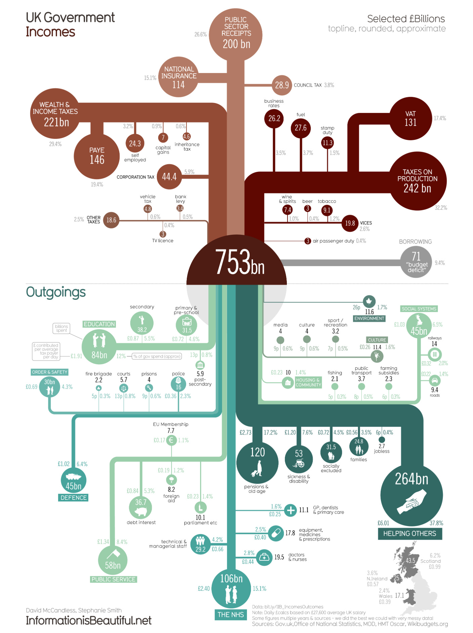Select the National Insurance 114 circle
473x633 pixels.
pos(178,77)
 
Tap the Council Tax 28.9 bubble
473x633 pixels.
pos(282,85)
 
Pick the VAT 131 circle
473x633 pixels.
pos(411,118)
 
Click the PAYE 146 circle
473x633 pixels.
pos(97,156)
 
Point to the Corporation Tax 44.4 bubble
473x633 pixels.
pos(169,177)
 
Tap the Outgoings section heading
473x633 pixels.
pos(56,292)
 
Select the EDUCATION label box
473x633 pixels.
pos(99,324)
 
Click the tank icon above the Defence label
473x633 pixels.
pos(73,476)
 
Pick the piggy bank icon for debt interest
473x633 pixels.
pos(140,512)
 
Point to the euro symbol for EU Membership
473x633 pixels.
pos(171,440)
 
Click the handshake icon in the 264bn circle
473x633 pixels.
pos(412,501)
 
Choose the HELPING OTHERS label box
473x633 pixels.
pos(410,533)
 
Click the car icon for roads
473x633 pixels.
pos(435,380)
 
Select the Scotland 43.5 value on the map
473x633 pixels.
pos(410,561)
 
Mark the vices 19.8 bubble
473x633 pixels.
pos(350,223)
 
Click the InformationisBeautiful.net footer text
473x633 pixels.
pos(89,621)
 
